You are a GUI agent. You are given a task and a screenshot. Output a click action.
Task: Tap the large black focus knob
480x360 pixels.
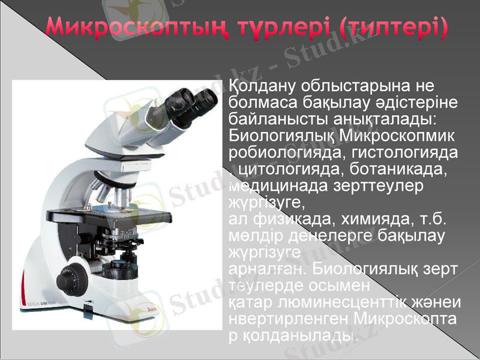[x=74, y=276]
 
